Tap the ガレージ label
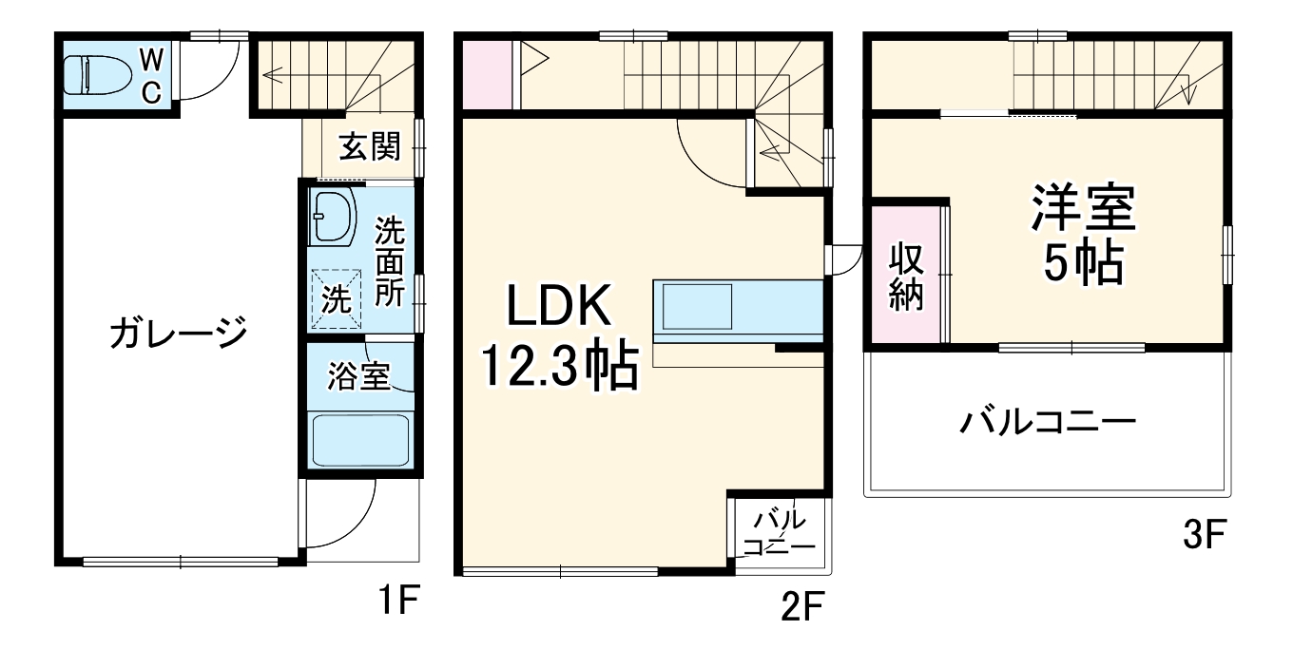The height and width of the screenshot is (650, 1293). (178, 334)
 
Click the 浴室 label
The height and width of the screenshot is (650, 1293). (358, 376)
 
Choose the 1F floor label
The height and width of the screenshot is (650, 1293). (396, 602)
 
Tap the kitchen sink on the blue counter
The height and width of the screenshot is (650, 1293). (698, 309)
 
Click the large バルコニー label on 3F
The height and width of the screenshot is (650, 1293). (1047, 420)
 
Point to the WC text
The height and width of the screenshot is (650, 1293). (152, 73)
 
